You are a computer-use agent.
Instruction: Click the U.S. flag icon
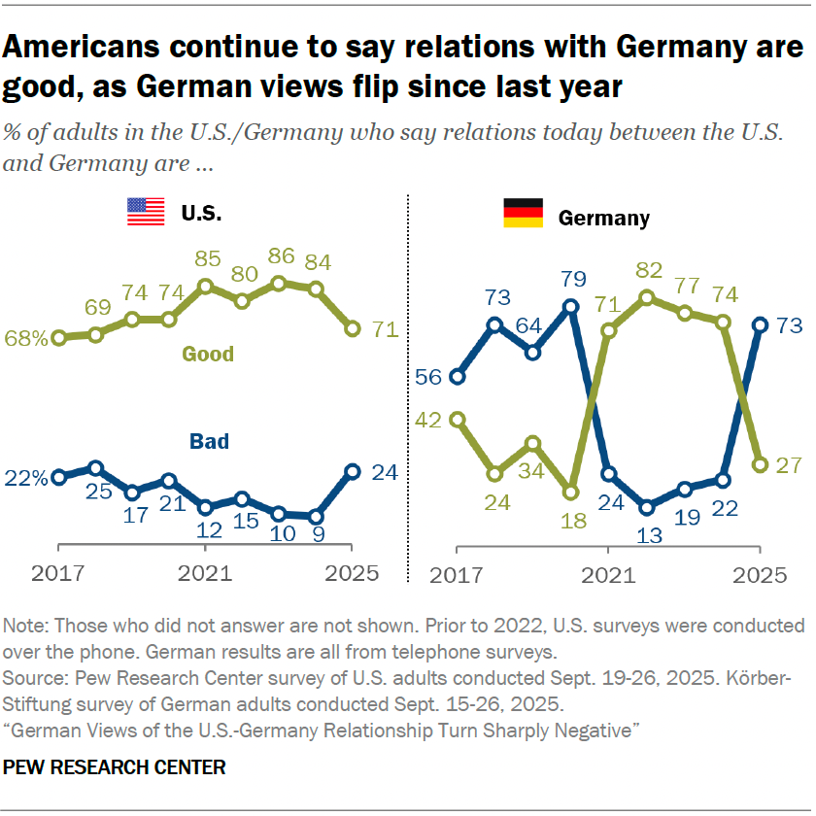146,213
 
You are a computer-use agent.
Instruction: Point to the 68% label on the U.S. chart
26,339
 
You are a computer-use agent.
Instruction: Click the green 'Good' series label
208,354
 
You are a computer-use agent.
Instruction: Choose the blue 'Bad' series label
208,442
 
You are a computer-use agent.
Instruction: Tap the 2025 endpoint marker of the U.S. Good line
352,329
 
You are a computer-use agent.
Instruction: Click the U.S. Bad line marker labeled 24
352,471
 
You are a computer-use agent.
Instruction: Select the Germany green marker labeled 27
761,464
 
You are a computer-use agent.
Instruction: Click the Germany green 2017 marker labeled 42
457,419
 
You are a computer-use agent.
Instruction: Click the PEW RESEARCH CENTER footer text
115,767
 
